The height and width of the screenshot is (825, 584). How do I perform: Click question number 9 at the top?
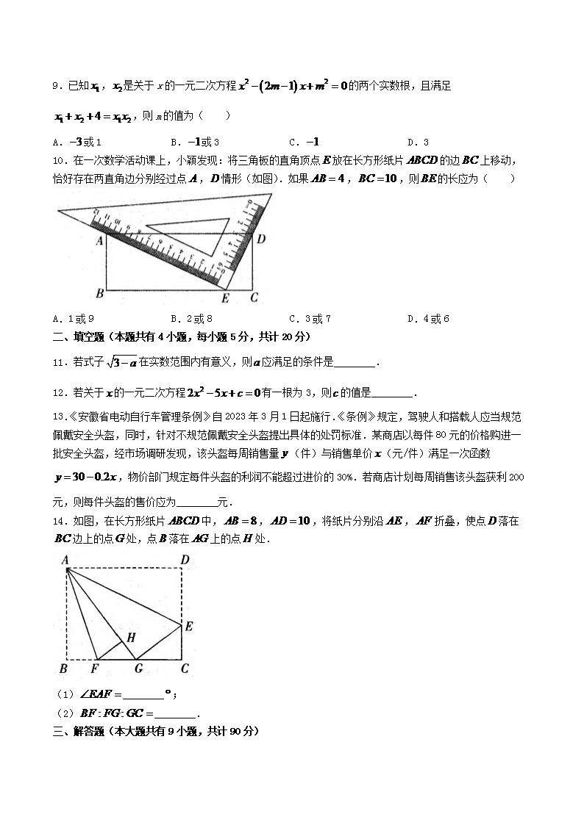pyautogui.click(x=56, y=87)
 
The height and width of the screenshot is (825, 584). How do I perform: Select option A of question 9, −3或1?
pyautogui.click(x=77, y=143)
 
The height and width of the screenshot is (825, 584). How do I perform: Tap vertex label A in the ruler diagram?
pyautogui.click(x=99, y=239)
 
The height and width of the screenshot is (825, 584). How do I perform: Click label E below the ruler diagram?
pyautogui.click(x=225, y=298)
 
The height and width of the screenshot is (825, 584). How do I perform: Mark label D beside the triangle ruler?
pyautogui.click(x=260, y=239)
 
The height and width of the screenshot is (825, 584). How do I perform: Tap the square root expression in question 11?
pyautogui.click(x=121, y=361)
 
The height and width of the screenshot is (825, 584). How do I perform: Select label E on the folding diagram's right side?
pyautogui.click(x=188, y=626)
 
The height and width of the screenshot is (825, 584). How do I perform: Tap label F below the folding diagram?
pyautogui.click(x=94, y=669)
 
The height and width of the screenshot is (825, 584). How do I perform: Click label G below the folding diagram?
pyautogui.click(x=138, y=669)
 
